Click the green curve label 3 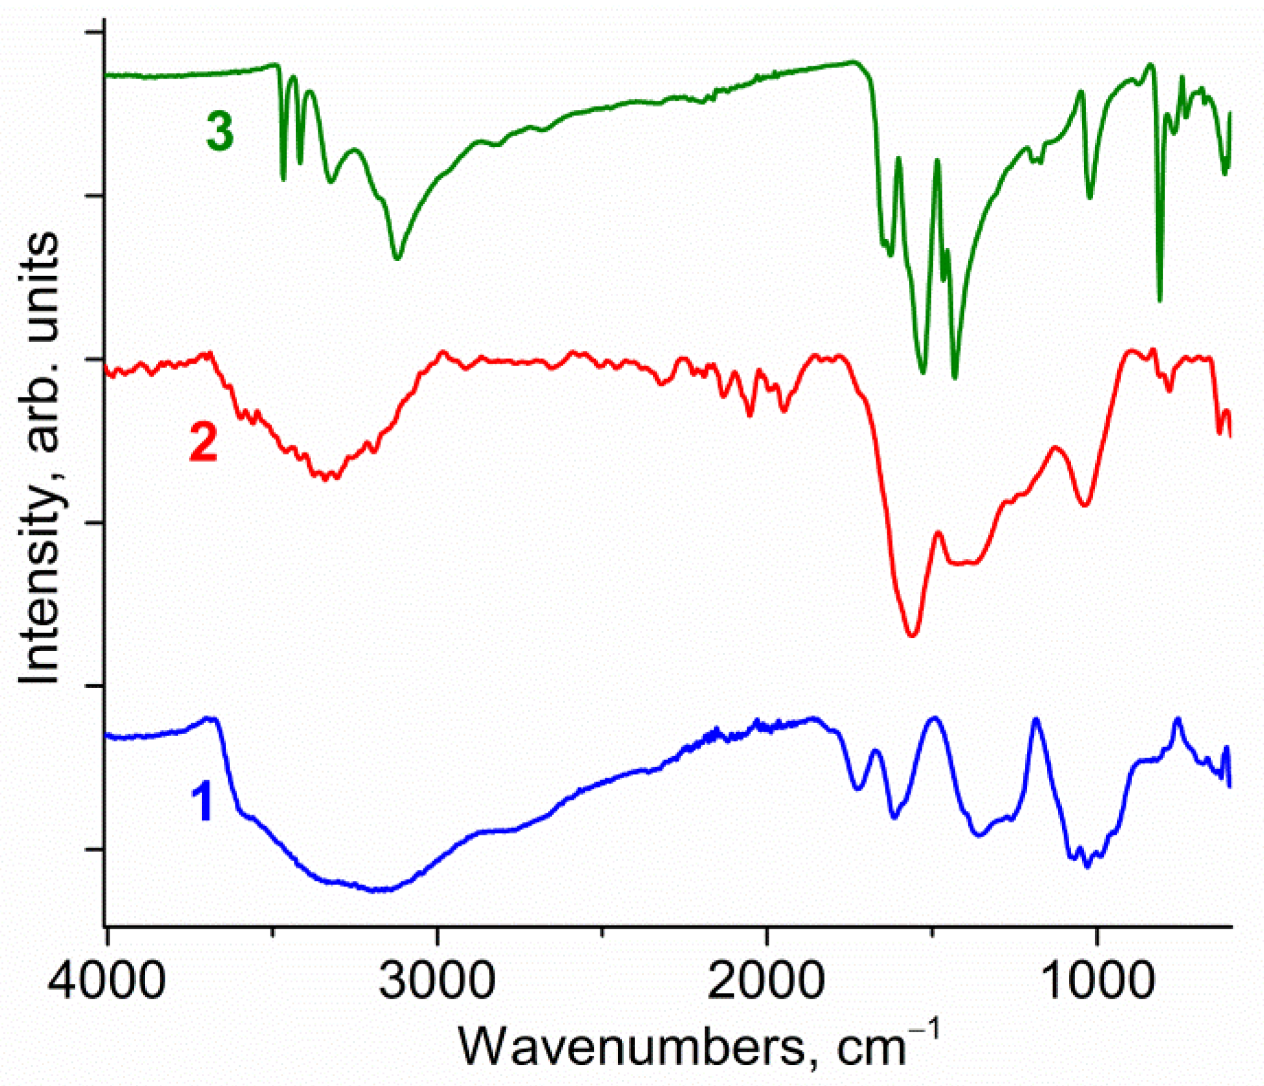219,131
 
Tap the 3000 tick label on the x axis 436,982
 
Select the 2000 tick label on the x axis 766,982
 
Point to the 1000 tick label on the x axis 1096,982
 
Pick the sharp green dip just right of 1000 1160,300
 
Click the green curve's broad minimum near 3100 397,258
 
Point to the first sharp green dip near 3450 283,179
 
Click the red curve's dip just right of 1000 1085,506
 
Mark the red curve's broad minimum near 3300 326,478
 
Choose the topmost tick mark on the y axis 93,32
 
